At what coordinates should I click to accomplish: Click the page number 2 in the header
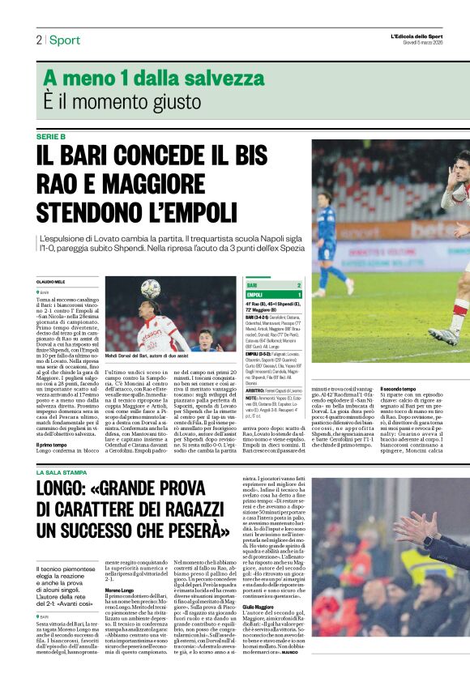[38, 40]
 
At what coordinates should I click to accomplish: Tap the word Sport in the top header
[65, 40]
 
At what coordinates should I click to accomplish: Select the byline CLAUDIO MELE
[51, 281]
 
